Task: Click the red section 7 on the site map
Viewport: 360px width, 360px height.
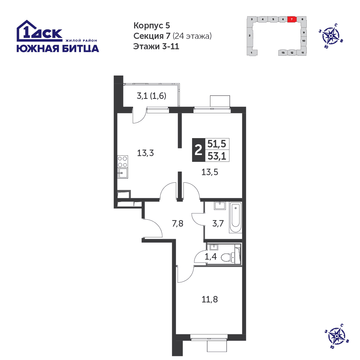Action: pos(292,19)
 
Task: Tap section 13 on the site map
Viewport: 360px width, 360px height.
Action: pos(283,53)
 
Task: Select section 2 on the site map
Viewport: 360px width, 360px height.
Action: pos(250,36)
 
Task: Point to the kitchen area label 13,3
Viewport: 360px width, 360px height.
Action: pos(145,153)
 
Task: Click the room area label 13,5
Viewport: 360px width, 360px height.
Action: pos(210,172)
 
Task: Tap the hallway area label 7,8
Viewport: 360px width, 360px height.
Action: pos(177,223)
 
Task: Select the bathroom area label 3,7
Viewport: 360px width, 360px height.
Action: pos(218,223)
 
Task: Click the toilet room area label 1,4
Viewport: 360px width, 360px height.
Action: pos(210,256)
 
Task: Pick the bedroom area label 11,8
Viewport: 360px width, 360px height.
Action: pos(210,299)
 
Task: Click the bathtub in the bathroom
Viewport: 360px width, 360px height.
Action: pos(236,218)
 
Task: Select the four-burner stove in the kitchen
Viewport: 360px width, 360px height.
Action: pos(123,161)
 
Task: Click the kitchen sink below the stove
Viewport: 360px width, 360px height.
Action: pos(123,173)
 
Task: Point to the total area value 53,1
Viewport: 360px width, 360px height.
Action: pos(217,156)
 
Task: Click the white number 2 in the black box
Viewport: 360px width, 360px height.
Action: pos(198,150)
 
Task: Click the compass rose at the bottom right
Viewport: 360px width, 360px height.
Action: pos(337,336)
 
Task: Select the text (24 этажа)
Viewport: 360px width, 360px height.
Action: pos(192,36)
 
